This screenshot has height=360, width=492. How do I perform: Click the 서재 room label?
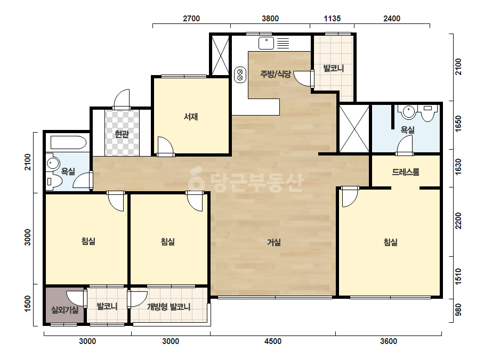click(191, 117)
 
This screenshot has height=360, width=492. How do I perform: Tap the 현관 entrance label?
click(122, 135)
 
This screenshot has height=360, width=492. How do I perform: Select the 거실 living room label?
click(274, 242)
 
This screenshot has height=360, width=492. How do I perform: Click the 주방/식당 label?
click(276, 74)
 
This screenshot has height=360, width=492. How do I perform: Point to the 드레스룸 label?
click(406, 172)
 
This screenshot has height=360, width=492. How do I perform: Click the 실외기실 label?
click(65, 310)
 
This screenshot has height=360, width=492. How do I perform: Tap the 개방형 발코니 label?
click(169, 307)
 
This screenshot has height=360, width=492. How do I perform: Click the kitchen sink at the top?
click(266, 43)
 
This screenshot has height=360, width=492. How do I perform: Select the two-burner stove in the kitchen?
click(240, 75)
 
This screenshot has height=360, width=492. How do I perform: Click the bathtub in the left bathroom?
click(68, 142)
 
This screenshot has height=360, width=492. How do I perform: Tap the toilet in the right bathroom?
click(427, 112)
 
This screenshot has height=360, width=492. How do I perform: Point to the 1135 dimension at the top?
click(332, 19)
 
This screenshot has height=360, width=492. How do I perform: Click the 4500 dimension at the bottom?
click(273, 341)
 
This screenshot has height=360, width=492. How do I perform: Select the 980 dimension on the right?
click(458, 309)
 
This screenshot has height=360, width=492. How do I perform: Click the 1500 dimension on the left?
click(28, 304)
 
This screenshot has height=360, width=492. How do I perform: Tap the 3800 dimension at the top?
click(270, 19)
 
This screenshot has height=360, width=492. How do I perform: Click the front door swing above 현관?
click(122, 100)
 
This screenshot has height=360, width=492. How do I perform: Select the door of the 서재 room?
click(165, 146)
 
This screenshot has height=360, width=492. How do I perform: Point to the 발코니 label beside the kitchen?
click(334, 68)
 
